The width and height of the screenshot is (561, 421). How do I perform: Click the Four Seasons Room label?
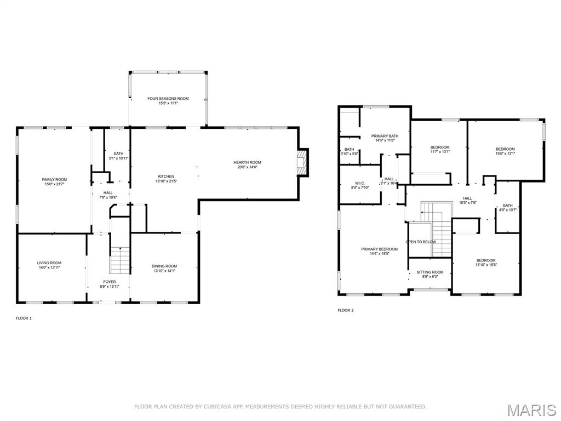[x=168, y=99]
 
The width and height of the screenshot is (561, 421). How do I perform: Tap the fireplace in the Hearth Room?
[x=302, y=162]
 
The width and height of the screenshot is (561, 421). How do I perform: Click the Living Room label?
[x=49, y=263]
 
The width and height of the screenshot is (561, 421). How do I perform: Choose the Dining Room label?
[x=164, y=266]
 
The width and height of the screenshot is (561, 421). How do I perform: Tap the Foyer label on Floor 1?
[x=108, y=282]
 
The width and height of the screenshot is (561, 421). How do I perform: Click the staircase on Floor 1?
[x=120, y=260]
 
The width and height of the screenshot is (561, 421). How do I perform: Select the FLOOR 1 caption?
[x=24, y=318]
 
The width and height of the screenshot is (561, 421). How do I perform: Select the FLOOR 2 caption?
[x=346, y=310]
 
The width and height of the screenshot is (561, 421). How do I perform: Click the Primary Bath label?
[x=385, y=136]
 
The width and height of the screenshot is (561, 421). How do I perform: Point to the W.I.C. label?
[x=360, y=183]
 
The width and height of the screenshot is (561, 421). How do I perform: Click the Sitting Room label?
[x=430, y=272]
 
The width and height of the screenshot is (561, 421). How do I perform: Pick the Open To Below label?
[x=421, y=242]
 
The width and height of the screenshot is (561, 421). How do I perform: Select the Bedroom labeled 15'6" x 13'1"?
[x=505, y=149]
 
